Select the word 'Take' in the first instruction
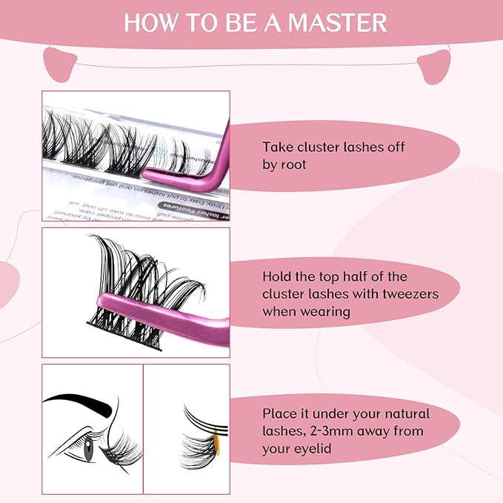277,147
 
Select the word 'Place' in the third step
279,413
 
